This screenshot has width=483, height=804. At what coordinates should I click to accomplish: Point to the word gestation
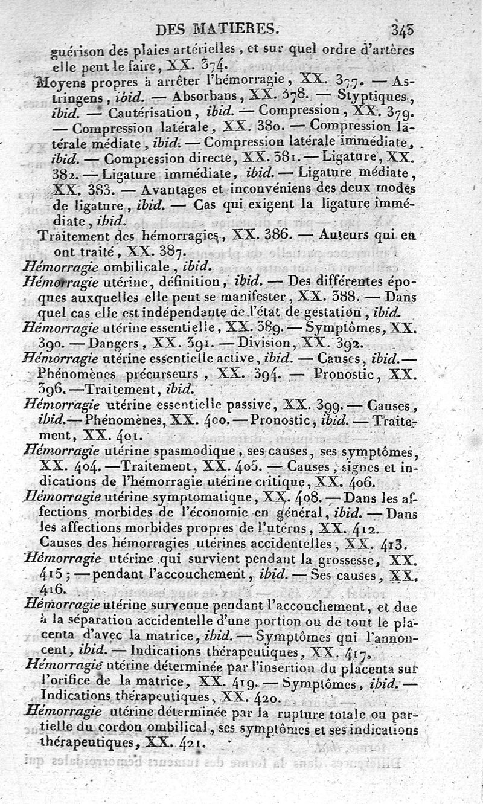coord(332,312)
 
